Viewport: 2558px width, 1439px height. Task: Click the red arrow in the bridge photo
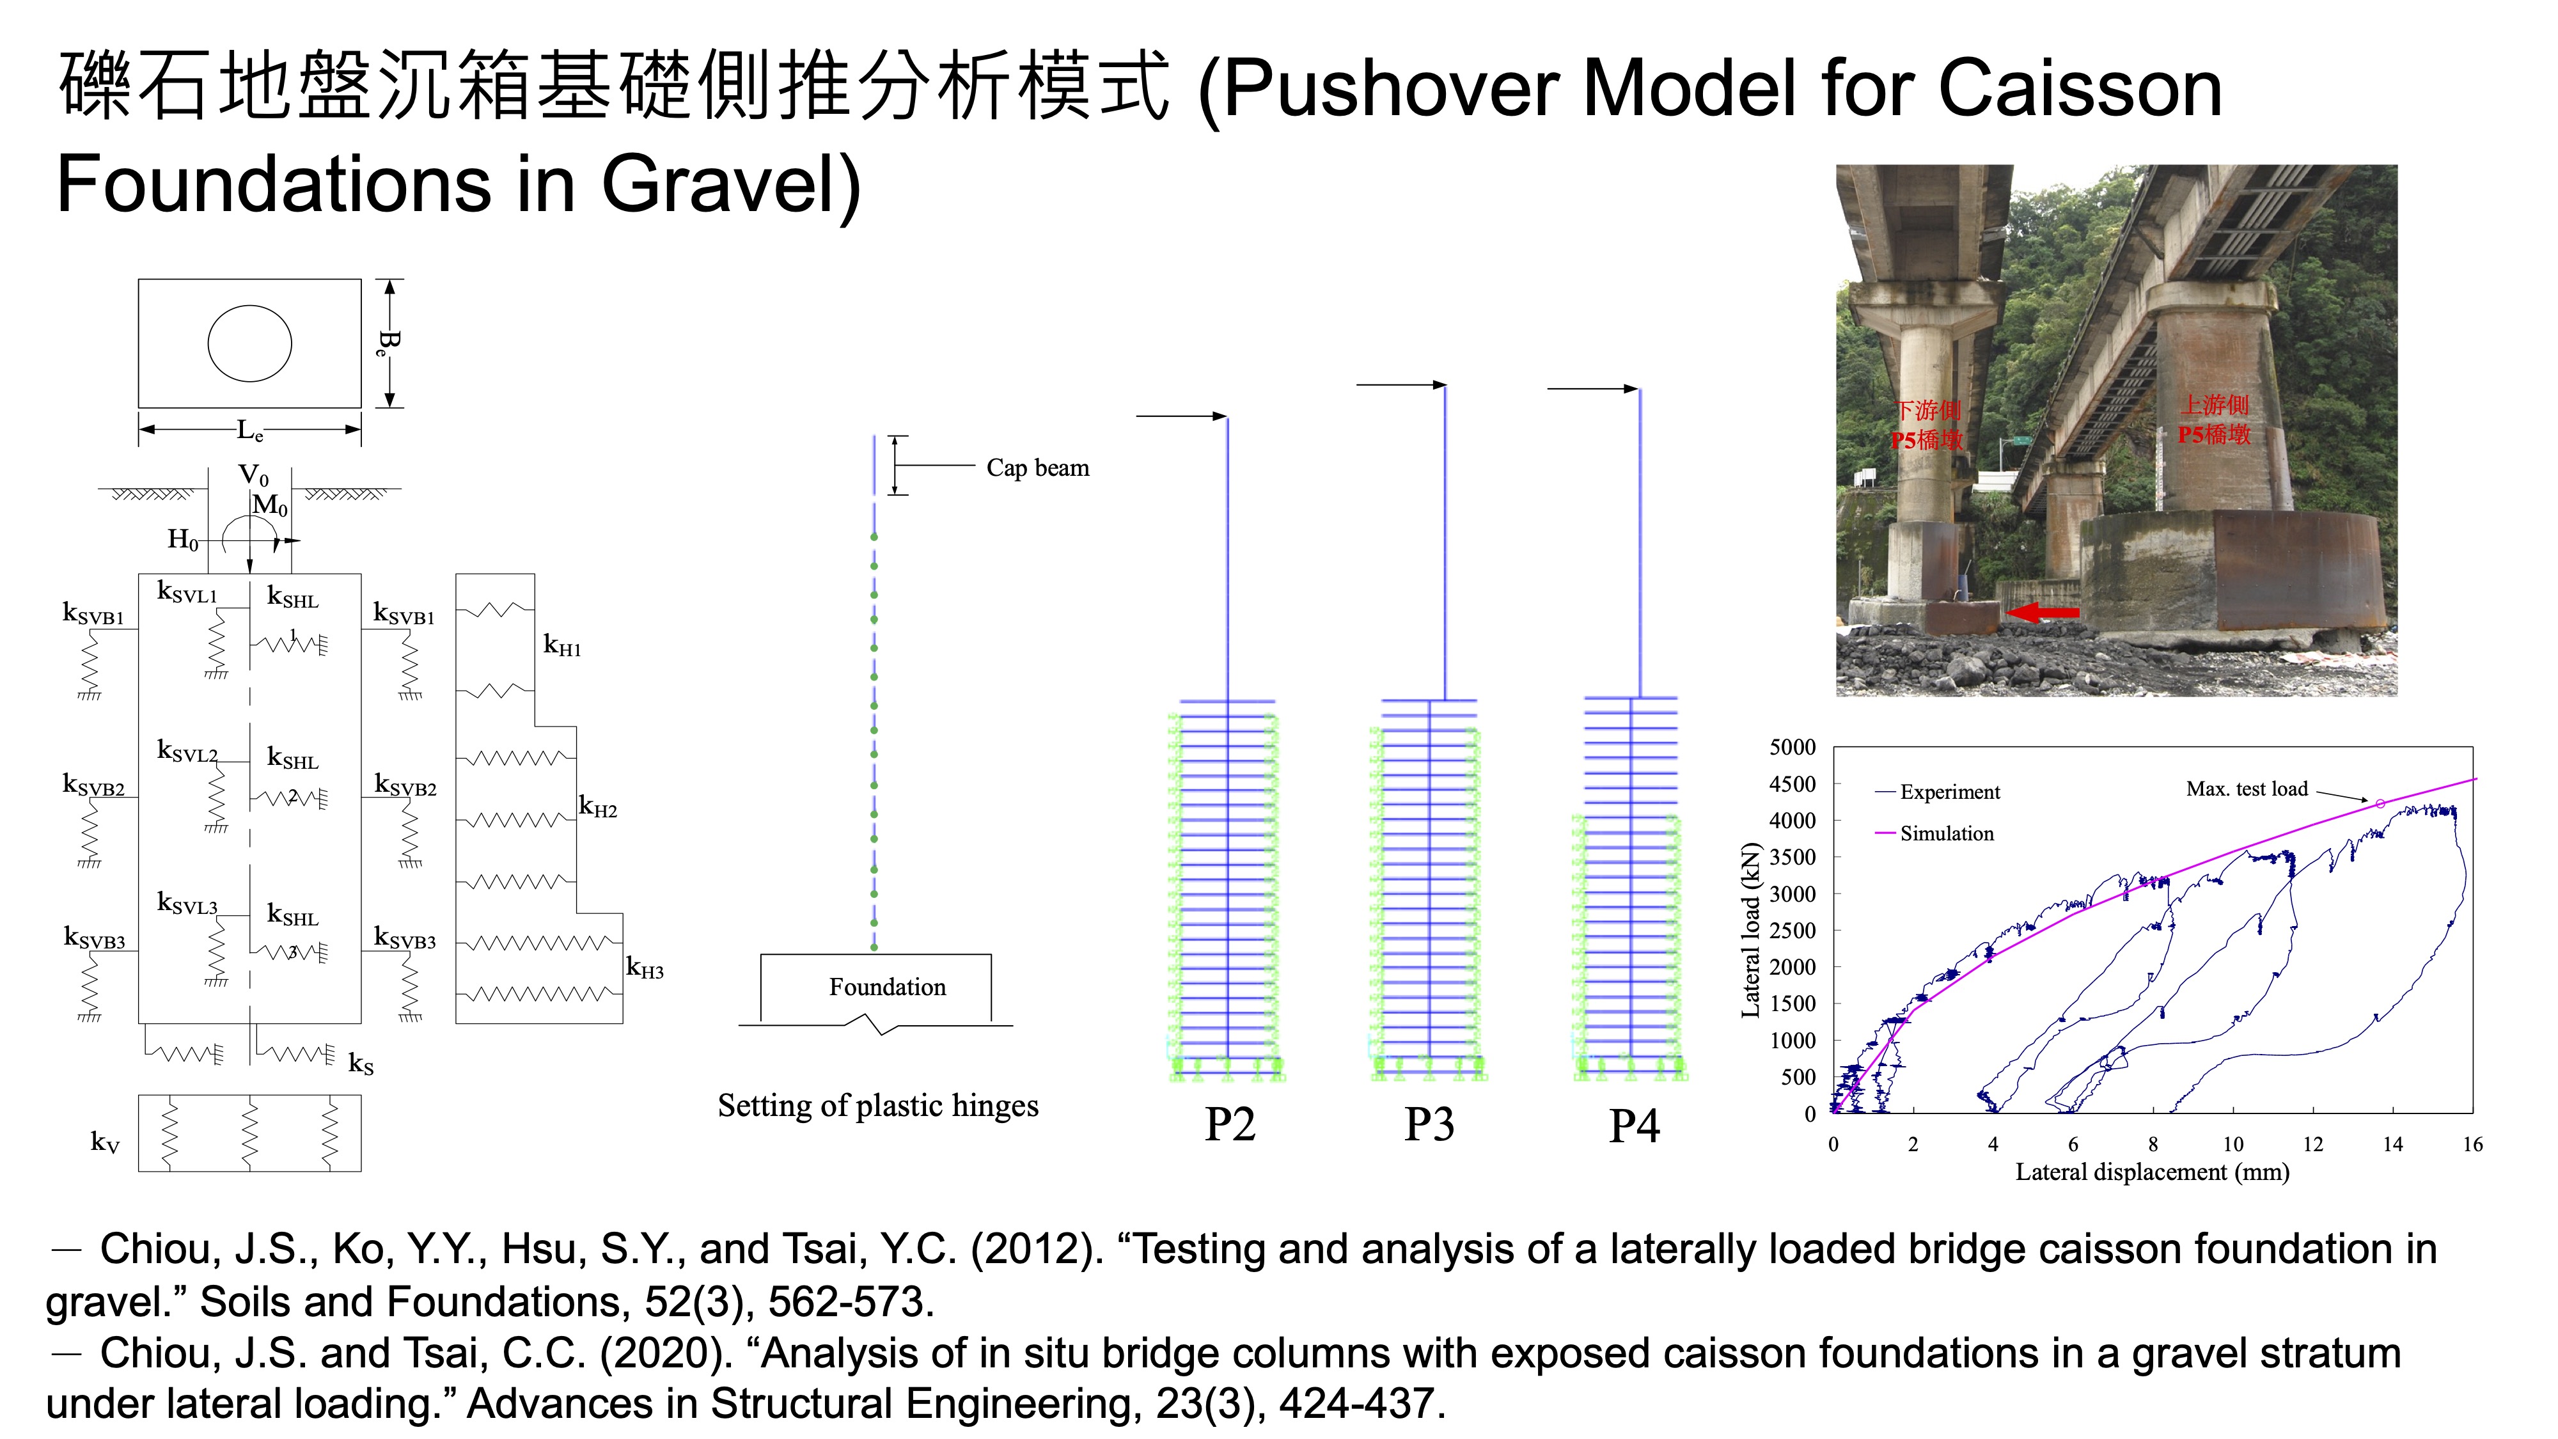2043,613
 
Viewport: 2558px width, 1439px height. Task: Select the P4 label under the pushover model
1633,1125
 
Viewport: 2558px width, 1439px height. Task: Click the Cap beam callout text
1038,468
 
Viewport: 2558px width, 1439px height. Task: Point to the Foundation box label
888,987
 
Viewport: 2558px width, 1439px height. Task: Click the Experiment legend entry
1950,792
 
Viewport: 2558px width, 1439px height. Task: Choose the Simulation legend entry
1946,833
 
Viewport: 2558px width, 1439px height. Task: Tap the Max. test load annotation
2247,789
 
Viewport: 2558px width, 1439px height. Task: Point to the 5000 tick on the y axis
1793,747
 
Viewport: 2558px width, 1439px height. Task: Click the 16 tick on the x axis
2472,1144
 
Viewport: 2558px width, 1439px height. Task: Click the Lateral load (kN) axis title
1751,929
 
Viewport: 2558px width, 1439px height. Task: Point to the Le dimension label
250,431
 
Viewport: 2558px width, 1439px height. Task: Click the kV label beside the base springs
106,1143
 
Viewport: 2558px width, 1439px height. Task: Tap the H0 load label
183,540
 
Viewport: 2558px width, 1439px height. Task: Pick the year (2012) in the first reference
1037,1249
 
